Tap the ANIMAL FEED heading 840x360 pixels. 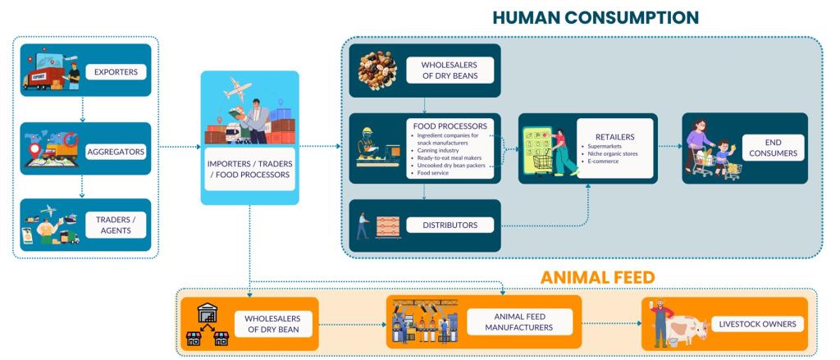(x=597, y=277)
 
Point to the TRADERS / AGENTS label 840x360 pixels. (x=116, y=224)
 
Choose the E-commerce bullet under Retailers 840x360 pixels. (x=603, y=162)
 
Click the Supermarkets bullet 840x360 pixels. (x=608, y=145)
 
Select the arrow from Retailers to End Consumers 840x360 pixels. (x=669, y=148)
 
